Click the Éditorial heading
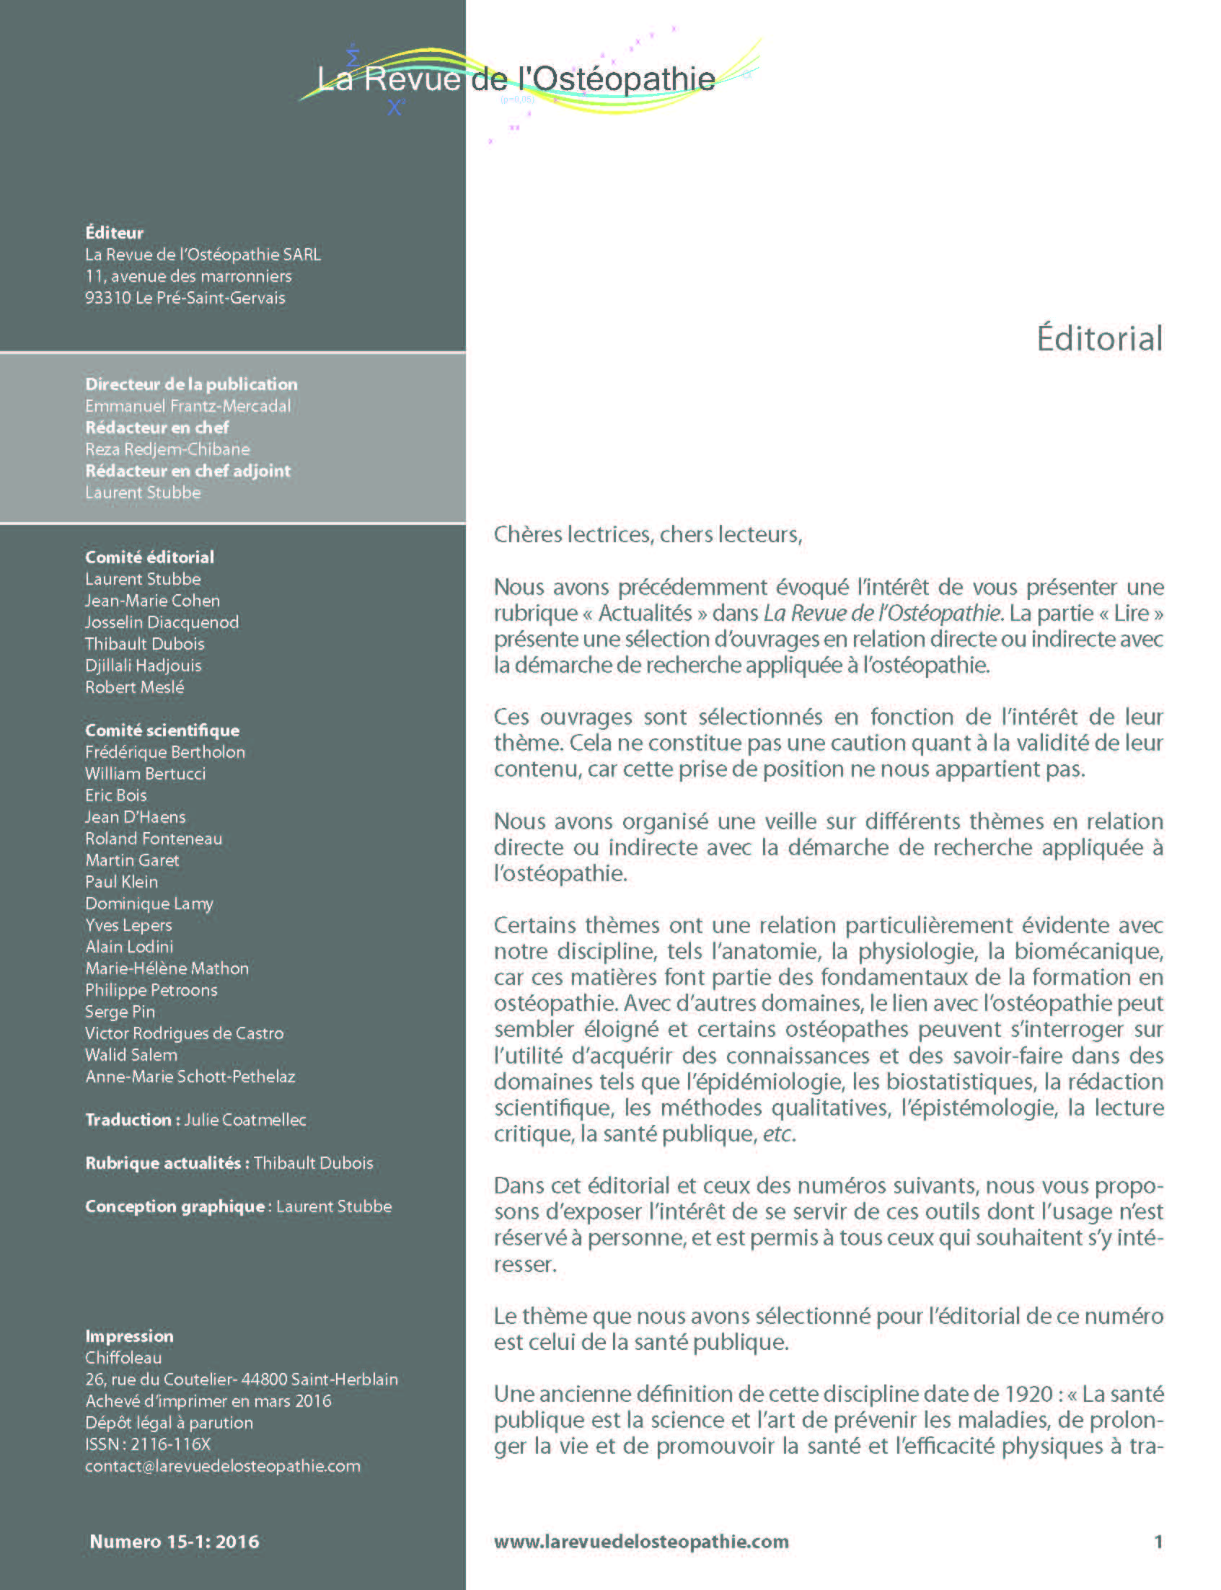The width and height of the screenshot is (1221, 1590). pos(1099,339)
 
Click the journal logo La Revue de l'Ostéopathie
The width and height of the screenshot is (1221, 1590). pos(516,79)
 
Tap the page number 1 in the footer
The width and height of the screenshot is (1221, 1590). pos(1158,1541)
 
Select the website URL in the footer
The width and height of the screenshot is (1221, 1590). pos(641,1541)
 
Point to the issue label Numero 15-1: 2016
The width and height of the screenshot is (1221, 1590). pos(175,1541)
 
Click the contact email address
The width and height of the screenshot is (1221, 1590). pos(222,1466)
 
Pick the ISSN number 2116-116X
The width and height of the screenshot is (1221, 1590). pos(170,1444)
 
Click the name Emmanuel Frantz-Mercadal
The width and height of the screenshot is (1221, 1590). pos(188,406)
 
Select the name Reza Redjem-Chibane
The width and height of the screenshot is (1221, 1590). pos(167,449)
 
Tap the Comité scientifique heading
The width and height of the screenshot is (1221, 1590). pos(162,730)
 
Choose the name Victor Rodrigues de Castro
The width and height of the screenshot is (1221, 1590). pos(184,1033)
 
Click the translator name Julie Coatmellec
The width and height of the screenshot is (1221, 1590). pos(245,1120)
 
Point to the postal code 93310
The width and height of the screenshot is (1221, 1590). pos(107,298)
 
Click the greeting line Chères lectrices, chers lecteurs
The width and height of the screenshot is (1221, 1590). pos(648,535)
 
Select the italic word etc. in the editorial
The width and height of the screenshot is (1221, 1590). pos(778,1134)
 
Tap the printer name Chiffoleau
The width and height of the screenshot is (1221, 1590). pos(123,1358)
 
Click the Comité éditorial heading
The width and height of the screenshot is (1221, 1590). pos(150,557)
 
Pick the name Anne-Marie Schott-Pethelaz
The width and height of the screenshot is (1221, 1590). pos(190,1077)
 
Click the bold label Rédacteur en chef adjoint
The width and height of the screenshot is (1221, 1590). pos(188,471)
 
